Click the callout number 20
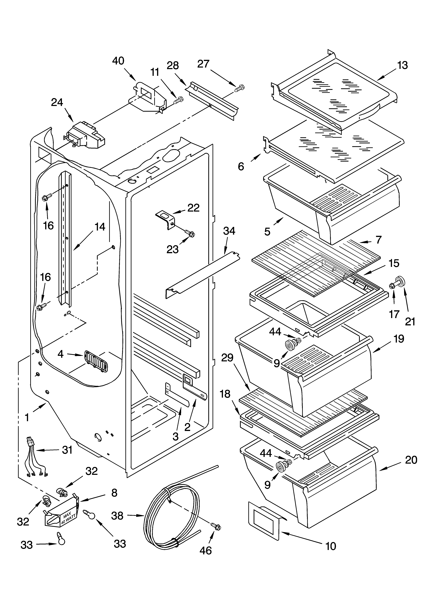pos(411,460)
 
